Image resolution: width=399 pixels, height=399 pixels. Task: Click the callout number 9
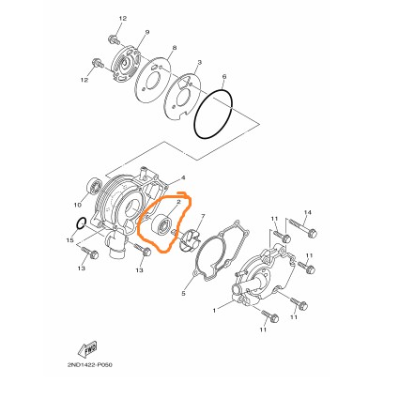pyautogui.click(x=147, y=32)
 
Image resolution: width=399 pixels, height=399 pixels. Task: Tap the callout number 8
pyautogui.click(x=175, y=48)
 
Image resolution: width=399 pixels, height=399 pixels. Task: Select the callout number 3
pyautogui.click(x=199, y=63)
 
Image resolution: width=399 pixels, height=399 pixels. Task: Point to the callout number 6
pyautogui.click(x=223, y=77)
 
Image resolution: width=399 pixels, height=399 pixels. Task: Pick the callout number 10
pyautogui.click(x=77, y=205)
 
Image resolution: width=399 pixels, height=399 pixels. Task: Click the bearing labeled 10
pyautogui.click(x=94, y=186)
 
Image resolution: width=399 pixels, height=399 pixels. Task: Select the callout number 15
pyautogui.click(x=70, y=240)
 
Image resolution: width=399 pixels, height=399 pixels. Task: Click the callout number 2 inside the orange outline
pyautogui.click(x=178, y=202)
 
